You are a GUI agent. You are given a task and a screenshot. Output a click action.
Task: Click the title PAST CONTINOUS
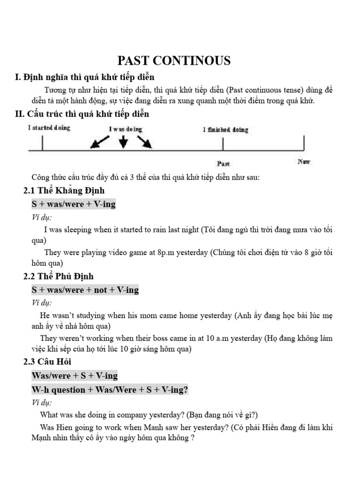coord(173,60)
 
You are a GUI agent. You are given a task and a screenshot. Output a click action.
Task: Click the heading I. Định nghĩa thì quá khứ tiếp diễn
coord(85,77)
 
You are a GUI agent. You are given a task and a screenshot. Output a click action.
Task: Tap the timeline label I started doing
coord(49,128)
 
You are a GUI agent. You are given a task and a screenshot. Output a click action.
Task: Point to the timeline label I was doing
coord(125,129)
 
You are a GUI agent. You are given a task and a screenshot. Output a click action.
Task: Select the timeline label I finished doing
coord(225,129)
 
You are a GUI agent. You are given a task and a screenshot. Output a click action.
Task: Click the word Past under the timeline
coord(224,164)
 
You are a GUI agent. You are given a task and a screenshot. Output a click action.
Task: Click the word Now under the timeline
coord(304,162)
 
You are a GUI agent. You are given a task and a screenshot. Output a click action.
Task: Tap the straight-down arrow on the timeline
coord(123,142)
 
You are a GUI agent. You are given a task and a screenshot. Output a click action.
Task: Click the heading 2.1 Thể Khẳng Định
coord(64,190)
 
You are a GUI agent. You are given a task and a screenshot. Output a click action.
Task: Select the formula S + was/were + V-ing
coord(74,204)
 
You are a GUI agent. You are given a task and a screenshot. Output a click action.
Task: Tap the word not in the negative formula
coord(100,290)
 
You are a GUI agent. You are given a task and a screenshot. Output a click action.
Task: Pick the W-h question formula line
coord(110,390)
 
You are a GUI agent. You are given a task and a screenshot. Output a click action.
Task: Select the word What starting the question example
coord(50,415)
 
